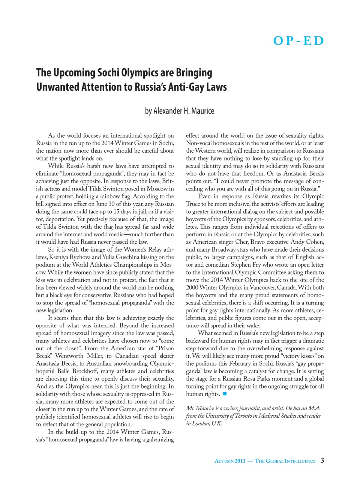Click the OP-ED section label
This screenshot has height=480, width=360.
[x=298, y=40]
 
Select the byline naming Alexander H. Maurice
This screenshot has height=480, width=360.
[x=180, y=111]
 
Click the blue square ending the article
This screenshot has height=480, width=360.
[x=225, y=394]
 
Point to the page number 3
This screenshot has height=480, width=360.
[x=322, y=460]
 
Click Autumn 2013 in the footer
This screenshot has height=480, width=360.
[x=230, y=461]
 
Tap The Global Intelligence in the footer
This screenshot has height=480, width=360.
[x=285, y=461]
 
